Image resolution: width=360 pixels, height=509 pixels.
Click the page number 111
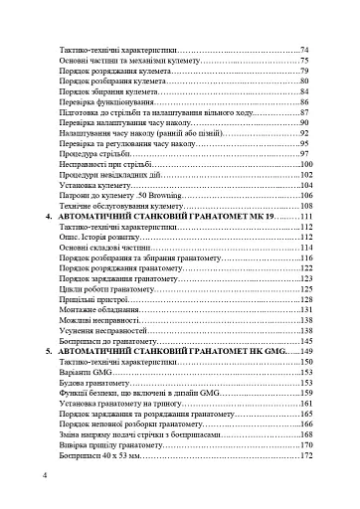coord(305,217)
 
